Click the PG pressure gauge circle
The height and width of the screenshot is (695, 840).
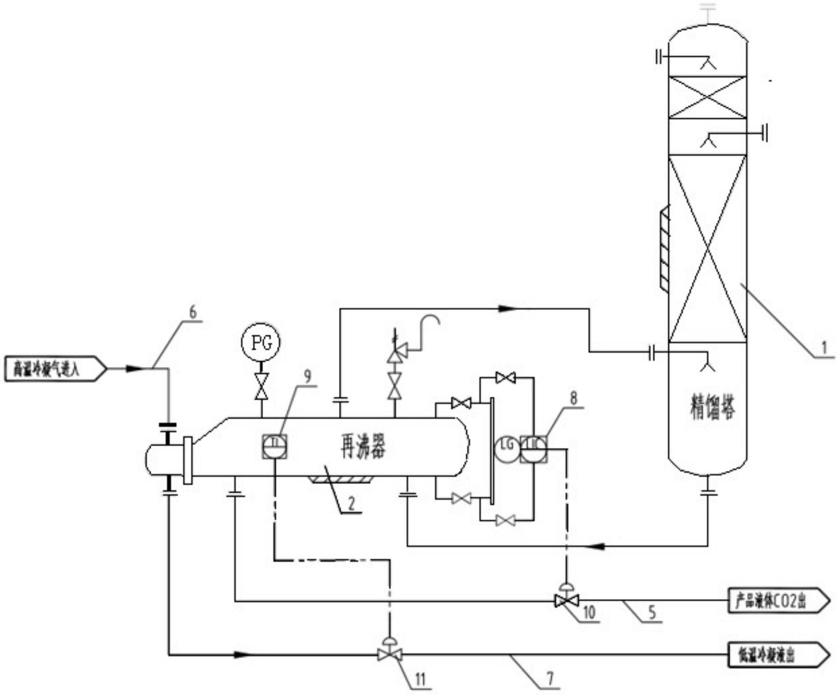[261, 342]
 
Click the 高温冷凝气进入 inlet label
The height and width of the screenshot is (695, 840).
[55, 369]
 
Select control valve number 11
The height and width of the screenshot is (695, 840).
[390, 654]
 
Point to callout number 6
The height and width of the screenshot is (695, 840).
[193, 312]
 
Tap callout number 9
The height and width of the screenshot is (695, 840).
[307, 376]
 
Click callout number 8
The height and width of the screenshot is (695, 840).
[573, 398]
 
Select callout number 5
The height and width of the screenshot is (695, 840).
[652, 612]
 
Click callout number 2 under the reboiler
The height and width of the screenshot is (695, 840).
[351, 503]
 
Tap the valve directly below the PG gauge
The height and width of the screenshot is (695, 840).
[261, 386]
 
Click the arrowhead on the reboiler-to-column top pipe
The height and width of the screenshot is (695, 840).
[507, 309]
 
